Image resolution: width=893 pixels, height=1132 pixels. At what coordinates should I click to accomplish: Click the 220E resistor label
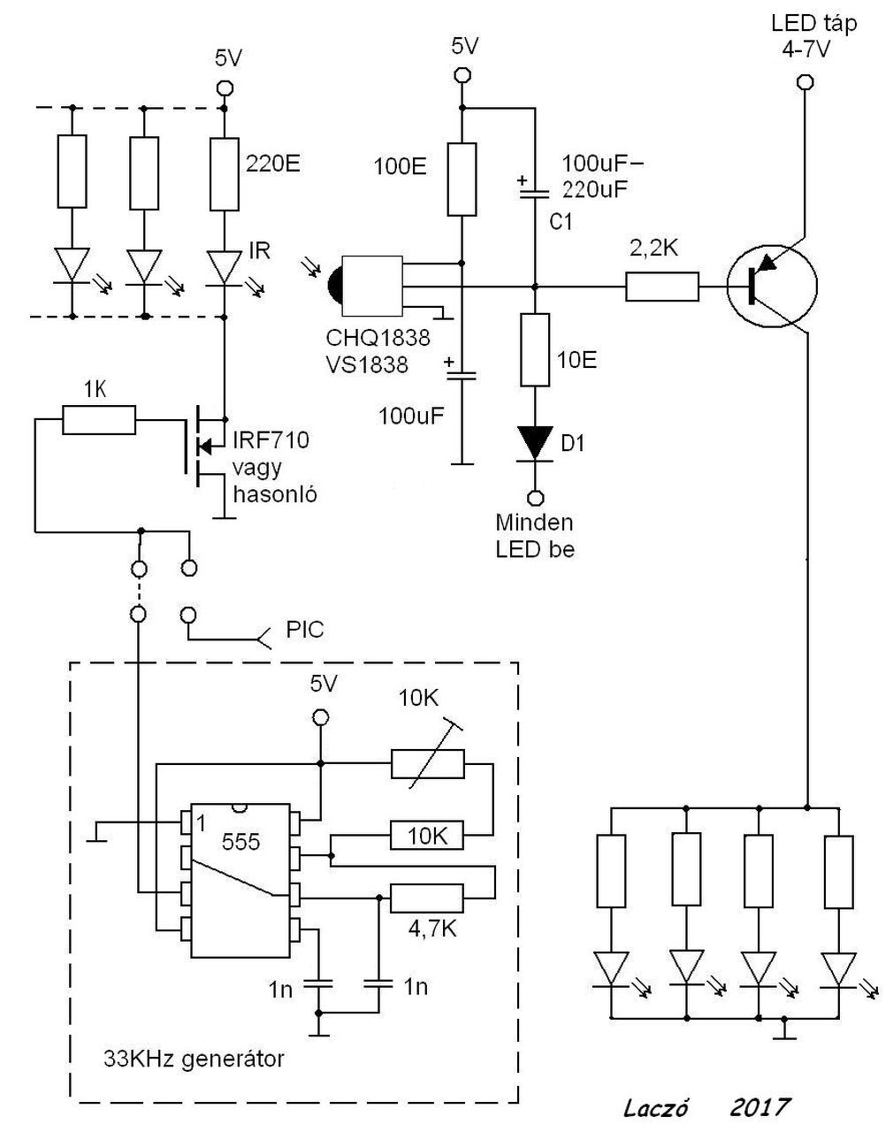[x=273, y=164]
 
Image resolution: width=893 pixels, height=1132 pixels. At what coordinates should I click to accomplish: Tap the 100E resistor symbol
[x=462, y=179]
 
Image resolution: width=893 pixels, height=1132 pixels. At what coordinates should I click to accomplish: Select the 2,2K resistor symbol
[x=662, y=287]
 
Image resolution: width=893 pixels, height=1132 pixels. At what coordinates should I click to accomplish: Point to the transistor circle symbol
[x=772, y=286]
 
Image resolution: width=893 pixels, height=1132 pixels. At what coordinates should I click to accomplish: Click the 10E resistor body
[x=535, y=350]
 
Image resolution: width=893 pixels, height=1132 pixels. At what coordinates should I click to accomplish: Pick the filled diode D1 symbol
[x=535, y=444]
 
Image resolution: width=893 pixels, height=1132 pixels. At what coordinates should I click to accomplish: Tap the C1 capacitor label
[x=561, y=222]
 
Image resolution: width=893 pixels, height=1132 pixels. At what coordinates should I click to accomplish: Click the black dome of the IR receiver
[x=335, y=286]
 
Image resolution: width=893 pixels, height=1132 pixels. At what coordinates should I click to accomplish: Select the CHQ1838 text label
[x=378, y=338]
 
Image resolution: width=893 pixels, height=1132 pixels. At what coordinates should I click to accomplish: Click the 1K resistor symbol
[x=99, y=420]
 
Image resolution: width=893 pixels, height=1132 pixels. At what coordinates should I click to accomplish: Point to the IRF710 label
[x=271, y=440]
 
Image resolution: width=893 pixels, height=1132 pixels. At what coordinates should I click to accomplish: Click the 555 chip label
[x=240, y=842]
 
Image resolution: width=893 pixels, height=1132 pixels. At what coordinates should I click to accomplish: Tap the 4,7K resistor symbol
[x=426, y=899]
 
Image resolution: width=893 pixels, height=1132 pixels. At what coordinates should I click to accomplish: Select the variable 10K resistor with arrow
[x=428, y=763]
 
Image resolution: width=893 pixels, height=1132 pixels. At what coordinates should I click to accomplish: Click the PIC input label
[x=305, y=630]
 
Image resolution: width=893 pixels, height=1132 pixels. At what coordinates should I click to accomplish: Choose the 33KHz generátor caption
[x=194, y=1059]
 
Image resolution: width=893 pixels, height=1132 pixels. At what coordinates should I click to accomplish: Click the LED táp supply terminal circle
[x=805, y=82]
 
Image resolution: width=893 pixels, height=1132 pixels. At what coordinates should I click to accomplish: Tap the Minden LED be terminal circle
[x=535, y=497]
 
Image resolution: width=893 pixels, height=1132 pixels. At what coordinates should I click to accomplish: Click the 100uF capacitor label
[x=411, y=416]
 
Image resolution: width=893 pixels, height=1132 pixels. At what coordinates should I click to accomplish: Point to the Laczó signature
[x=656, y=1108]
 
